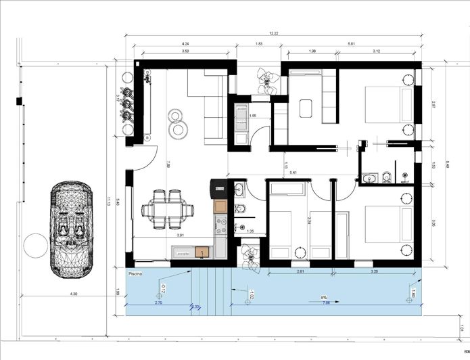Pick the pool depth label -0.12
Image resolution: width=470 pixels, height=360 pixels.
point(164,291)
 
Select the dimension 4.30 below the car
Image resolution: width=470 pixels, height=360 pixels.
point(73,294)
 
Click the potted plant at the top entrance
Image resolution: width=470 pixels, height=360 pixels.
point(268,80)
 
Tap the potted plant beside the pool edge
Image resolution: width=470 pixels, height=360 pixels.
point(250,258)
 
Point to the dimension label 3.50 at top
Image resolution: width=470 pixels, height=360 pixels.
point(185,52)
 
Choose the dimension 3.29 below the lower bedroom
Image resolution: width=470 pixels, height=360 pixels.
point(374,271)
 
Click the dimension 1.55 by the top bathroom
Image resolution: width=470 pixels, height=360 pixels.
point(252,116)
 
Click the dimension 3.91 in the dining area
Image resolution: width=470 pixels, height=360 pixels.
point(180,235)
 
